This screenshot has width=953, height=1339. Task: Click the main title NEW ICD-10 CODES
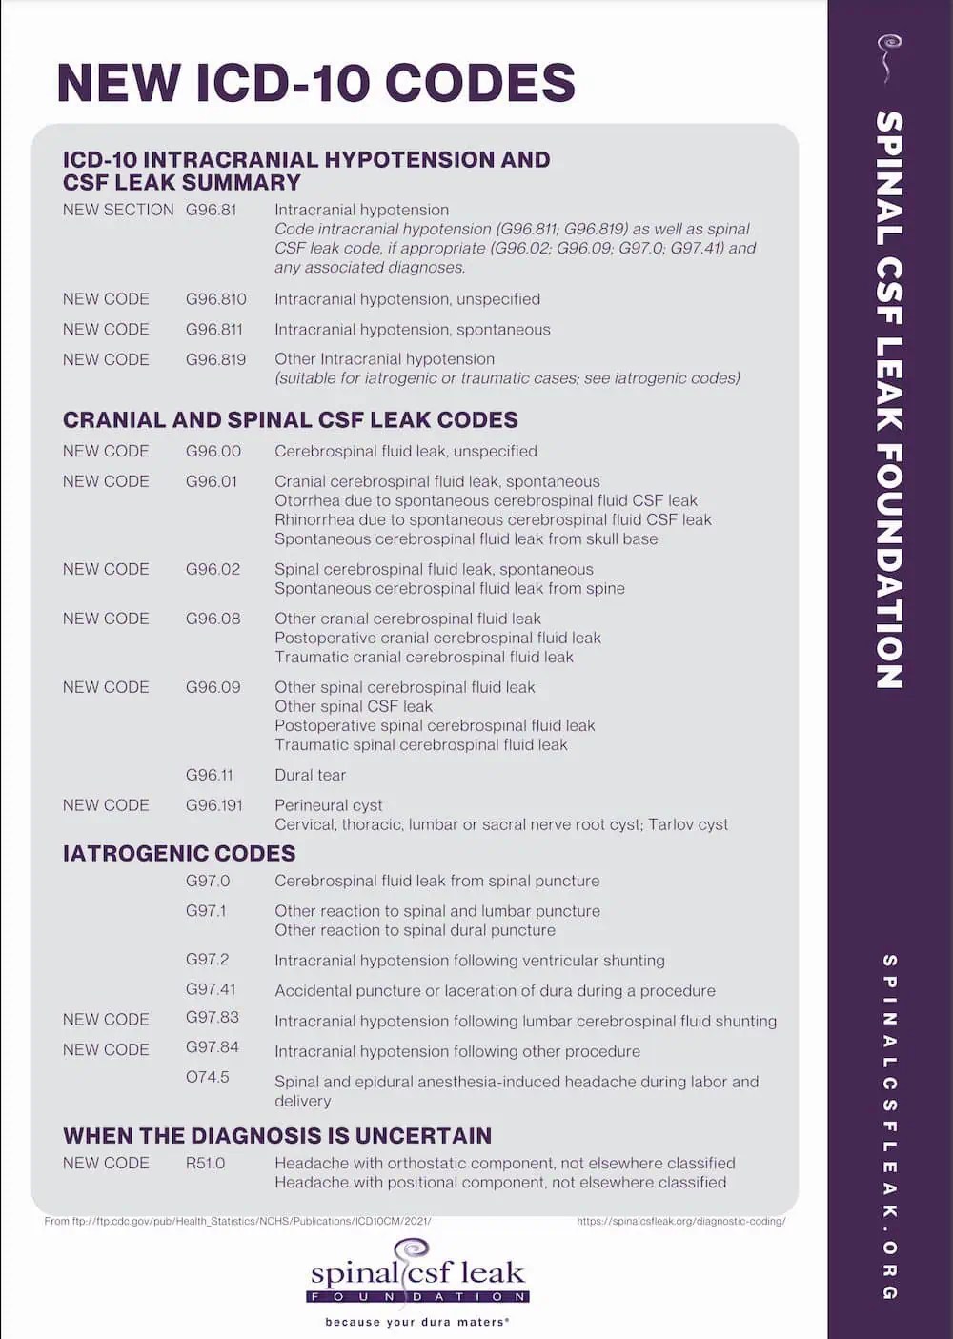click(x=315, y=83)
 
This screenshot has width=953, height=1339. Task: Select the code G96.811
click(x=214, y=330)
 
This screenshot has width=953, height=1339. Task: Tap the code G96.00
click(x=213, y=452)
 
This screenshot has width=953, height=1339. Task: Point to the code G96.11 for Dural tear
click(x=210, y=776)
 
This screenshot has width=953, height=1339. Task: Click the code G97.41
click(x=211, y=990)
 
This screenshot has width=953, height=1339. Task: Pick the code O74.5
click(x=208, y=1078)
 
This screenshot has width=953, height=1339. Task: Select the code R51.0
click(x=206, y=1164)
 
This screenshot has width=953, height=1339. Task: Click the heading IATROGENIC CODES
click(x=179, y=854)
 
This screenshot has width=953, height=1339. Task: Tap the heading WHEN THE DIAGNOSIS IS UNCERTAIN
click(x=277, y=1136)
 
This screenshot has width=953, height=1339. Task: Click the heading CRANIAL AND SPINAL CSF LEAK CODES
click(x=291, y=420)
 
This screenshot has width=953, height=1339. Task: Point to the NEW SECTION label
click(x=118, y=210)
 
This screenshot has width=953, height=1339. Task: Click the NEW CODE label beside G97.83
click(x=106, y=1020)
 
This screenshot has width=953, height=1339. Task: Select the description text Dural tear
click(x=311, y=776)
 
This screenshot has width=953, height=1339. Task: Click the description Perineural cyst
click(x=329, y=805)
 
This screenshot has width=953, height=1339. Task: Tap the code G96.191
click(x=214, y=805)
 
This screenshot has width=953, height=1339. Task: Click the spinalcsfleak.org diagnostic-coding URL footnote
click(x=680, y=1221)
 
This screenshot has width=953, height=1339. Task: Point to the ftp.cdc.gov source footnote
click(x=237, y=1221)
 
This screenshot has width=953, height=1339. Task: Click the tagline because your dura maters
click(x=416, y=1322)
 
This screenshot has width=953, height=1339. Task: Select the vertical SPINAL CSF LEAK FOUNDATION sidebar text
click(x=889, y=400)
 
